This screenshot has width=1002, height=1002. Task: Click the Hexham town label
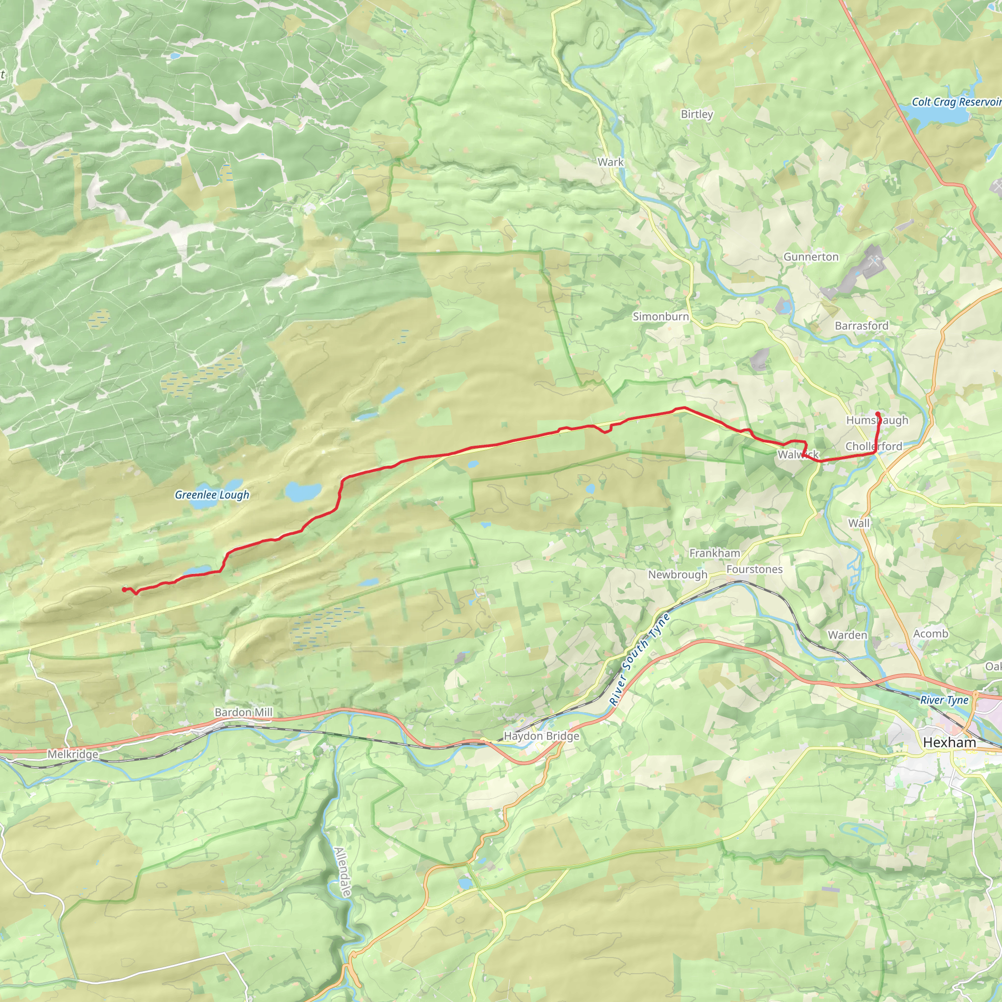949,743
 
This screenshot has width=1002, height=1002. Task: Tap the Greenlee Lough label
211,495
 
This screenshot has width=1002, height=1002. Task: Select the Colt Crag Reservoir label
956,102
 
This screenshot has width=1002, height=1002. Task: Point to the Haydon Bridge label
542,736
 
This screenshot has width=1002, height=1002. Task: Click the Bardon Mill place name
243,712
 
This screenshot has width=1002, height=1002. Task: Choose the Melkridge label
72,754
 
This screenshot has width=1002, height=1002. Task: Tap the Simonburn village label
660,317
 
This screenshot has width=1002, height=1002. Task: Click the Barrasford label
861,326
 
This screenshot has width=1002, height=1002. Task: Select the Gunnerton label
811,257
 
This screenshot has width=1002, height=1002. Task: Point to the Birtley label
697,114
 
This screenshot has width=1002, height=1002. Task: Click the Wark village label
611,162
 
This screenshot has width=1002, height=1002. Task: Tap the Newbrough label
677,575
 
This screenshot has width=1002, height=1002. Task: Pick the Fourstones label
754,569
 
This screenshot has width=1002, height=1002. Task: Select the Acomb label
931,633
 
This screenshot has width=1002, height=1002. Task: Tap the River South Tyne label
639,660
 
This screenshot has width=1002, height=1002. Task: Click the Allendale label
343,872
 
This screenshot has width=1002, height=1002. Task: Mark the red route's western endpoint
123,589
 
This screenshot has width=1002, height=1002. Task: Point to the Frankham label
714,553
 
